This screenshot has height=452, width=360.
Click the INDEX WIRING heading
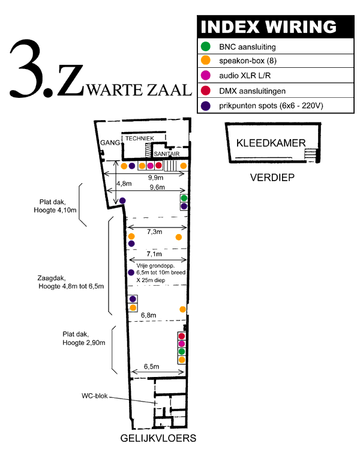pyautogui.click(x=268, y=27)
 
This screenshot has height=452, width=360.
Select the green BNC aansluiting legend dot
pyautogui.click(x=206, y=46)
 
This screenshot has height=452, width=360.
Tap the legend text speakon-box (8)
pyautogui.click(x=248, y=61)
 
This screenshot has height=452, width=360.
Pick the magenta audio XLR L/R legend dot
pyautogui.click(x=206, y=75)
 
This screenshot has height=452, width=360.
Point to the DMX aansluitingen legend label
pyautogui.click(x=252, y=91)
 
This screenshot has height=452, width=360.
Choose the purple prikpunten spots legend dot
pyautogui.click(x=206, y=106)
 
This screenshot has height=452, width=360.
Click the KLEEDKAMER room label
pyautogui.click(x=271, y=143)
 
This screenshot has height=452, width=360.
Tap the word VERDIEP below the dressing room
pyautogui.click(x=272, y=177)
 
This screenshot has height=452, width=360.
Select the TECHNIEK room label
pyautogui.click(x=140, y=139)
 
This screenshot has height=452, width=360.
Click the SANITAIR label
pyautogui.click(x=167, y=154)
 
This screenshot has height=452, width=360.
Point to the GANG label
pyautogui.click(x=110, y=143)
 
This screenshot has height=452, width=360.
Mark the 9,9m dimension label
pyautogui.click(x=155, y=178)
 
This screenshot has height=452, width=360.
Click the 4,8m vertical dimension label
pyautogui.click(x=124, y=184)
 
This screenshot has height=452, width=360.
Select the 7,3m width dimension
pyautogui.click(x=154, y=232)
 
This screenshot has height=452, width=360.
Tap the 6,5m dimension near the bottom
pyautogui.click(x=151, y=366)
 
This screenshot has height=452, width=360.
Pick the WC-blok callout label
pyautogui.click(x=95, y=396)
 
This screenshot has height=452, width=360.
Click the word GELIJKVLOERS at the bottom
pyautogui.click(x=158, y=438)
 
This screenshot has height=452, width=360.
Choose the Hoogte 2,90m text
pyautogui.click(x=84, y=343)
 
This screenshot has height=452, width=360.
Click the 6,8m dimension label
pyautogui.click(x=148, y=315)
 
